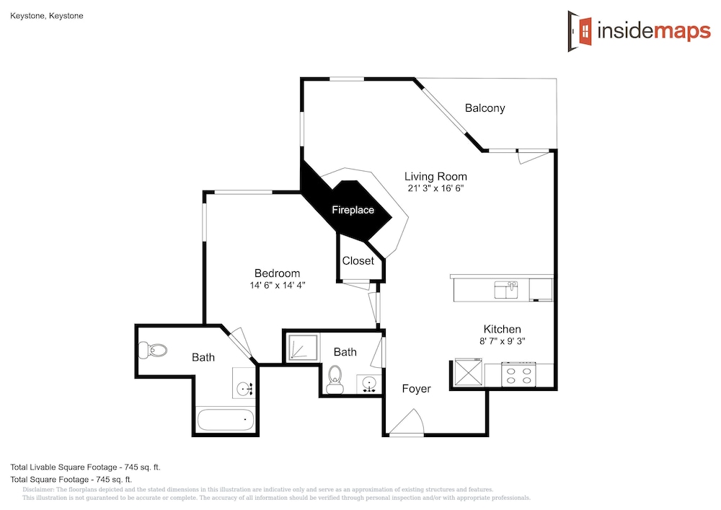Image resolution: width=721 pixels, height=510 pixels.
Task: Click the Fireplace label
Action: [x=353, y=210]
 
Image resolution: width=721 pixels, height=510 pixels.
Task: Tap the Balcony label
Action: [x=485, y=108]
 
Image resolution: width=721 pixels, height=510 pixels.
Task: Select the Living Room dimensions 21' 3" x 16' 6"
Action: [x=435, y=188]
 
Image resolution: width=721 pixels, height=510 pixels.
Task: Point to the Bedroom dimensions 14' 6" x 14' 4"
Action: [x=278, y=285]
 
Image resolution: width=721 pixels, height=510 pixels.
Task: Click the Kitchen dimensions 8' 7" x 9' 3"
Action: [x=502, y=341]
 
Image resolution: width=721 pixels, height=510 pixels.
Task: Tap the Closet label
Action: [x=358, y=260]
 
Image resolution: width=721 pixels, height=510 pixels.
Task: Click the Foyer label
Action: [x=416, y=389]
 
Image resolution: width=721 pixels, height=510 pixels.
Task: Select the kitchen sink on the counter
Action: [x=506, y=290]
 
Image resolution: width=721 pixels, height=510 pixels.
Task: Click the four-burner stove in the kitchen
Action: [x=518, y=374]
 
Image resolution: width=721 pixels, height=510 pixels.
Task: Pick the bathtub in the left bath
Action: [x=225, y=419]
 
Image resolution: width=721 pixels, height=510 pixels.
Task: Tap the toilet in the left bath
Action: [x=152, y=351]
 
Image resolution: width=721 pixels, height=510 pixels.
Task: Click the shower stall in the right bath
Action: [x=302, y=348]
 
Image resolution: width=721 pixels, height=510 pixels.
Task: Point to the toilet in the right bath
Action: [x=335, y=380]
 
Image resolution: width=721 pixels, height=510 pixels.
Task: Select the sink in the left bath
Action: [x=244, y=390]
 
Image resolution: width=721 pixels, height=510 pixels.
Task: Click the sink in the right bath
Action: [x=368, y=384]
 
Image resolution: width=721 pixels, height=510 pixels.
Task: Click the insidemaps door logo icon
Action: [x=580, y=31]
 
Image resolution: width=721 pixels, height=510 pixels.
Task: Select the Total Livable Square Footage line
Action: [x=86, y=467]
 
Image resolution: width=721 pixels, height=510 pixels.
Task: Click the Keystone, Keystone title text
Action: [x=46, y=16]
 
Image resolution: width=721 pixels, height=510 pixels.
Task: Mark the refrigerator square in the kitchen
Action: [x=468, y=372]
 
